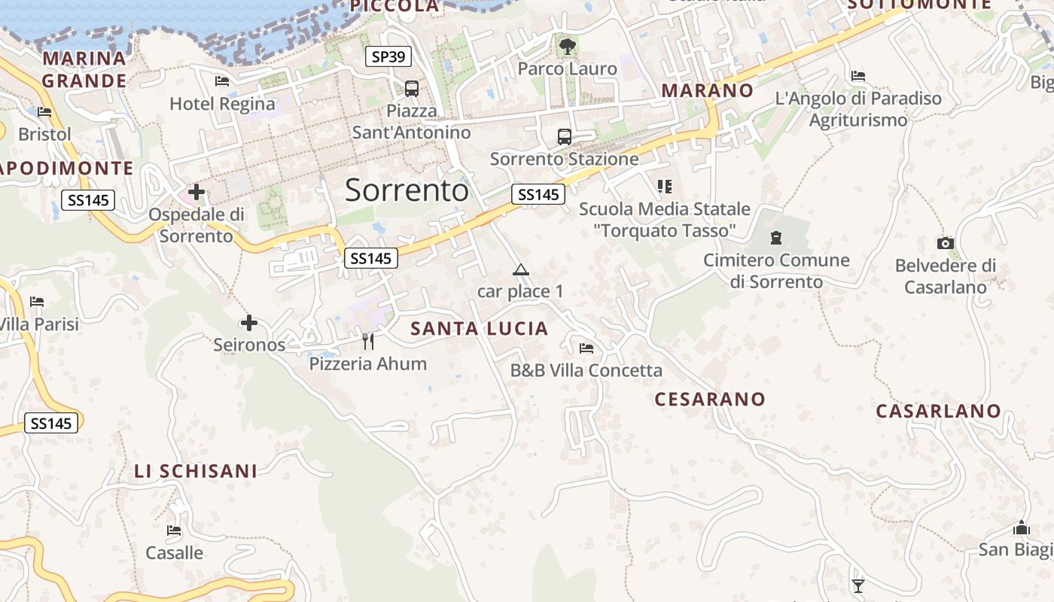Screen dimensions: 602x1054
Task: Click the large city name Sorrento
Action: point(407,190)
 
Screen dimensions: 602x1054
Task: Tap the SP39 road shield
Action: point(388,56)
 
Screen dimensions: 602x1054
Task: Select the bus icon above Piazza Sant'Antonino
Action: point(412,89)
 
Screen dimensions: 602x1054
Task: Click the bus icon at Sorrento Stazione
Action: point(565,136)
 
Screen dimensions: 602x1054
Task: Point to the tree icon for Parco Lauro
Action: point(568,47)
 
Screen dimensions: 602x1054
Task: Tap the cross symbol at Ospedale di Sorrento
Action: point(196,192)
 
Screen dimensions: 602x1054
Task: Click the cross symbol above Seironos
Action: point(249,324)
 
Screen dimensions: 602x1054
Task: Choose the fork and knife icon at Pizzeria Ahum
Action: point(368,342)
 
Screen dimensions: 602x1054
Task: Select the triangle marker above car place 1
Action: point(520,269)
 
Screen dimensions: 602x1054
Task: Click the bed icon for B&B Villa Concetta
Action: point(586,348)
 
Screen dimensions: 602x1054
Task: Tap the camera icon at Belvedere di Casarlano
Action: point(946,243)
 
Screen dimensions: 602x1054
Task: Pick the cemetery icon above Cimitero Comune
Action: point(776,239)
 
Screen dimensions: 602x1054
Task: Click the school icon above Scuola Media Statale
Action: point(664,186)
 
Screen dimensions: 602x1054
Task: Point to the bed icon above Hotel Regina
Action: point(222,81)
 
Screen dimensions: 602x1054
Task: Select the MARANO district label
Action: point(707,90)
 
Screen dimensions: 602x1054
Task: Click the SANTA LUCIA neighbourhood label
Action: point(480,329)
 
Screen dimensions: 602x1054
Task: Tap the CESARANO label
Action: point(710,399)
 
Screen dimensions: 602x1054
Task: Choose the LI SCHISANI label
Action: point(196,472)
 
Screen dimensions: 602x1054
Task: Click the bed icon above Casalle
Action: point(174,531)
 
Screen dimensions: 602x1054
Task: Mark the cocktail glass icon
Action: point(858,585)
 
